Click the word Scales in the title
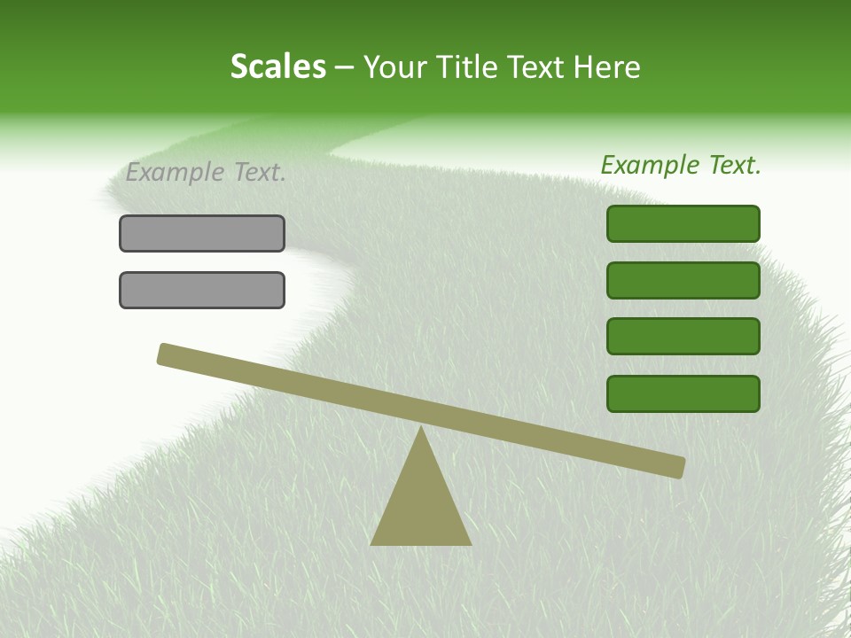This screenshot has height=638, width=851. pyautogui.click(x=277, y=66)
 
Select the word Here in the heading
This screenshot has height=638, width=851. pyautogui.click(x=606, y=67)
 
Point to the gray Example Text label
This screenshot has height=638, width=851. pyautogui.click(x=206, y=172)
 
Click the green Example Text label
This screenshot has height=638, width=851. pyautogui.click(x=681, y=165)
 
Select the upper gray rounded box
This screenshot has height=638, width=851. pyautogui.click(x=202, y=233)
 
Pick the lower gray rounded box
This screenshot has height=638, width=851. pyautogui.click(x=202, y=290)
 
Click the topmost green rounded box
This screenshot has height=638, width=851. pyautogui.click(x=683, y=223)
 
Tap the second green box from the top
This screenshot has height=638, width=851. pyautogui.click(x=683, y=280)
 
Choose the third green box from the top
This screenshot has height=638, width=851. pyautogui.click(x=683, y=337)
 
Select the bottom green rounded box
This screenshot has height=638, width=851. pyautogui.click(x=683, y=393)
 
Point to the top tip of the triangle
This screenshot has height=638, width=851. pyautogui.click(x=421, y=428)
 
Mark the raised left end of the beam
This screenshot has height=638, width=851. pyautogui.click(x=163, y=353)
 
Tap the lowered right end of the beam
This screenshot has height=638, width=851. pyautogui.click(x=679, y=467)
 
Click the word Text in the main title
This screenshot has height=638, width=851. pyautogui.click(x=531, y=67)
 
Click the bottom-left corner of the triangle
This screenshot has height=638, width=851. pyautogui.click(x=372, y=543)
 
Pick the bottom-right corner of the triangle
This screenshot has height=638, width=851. pyautogui.click(x=470, y=543)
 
